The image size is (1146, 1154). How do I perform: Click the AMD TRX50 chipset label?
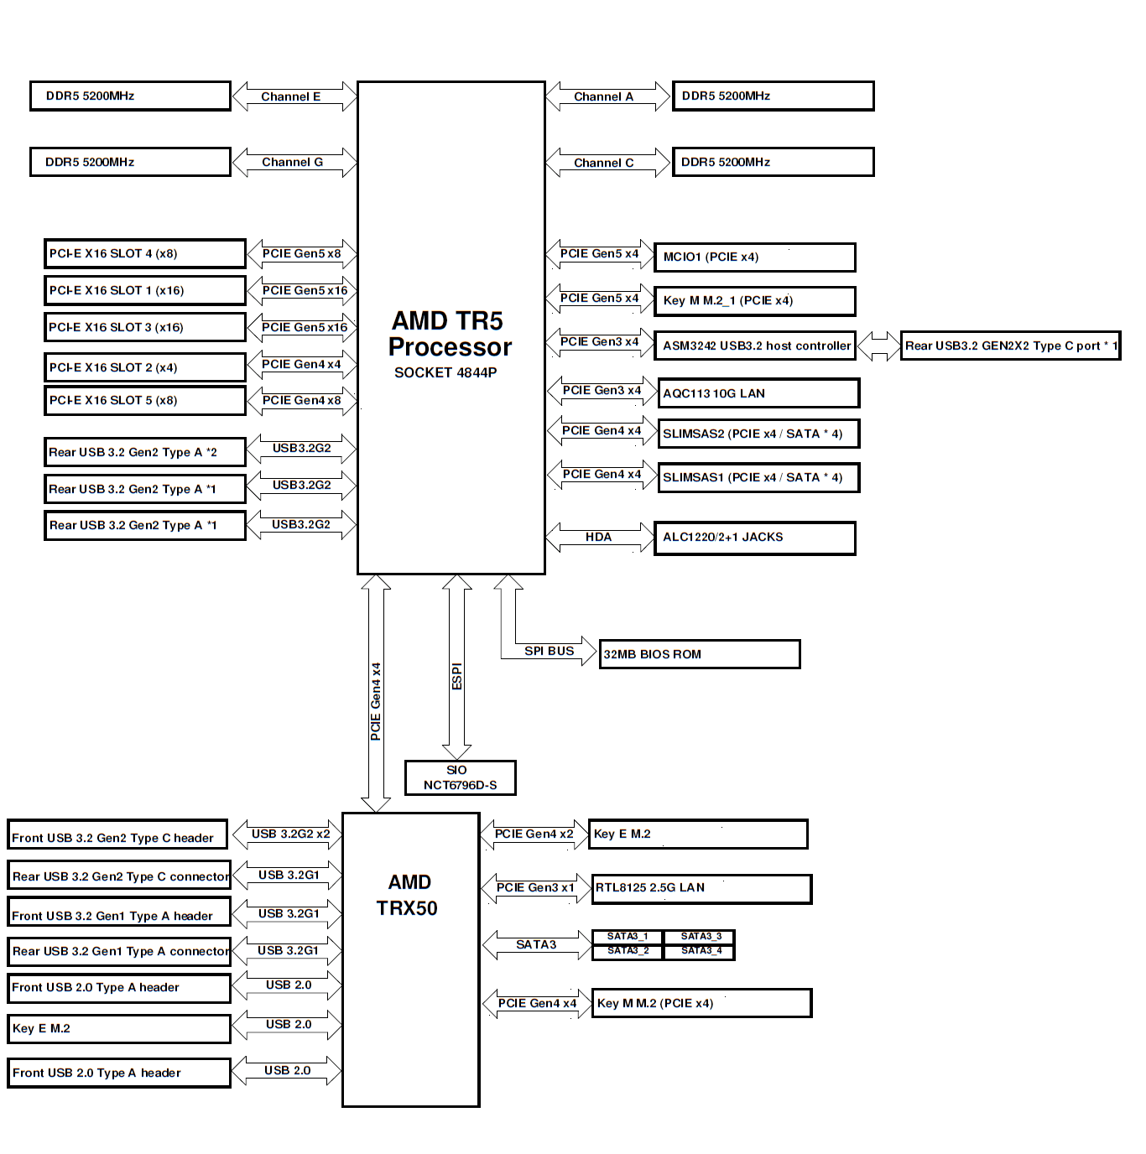click(x=408, y=895)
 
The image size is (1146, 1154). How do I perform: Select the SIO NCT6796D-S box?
click(x=460, y=777)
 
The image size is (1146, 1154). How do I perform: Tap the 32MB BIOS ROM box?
click(x=700, y=654)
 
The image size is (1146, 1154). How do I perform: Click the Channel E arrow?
click(x=291, y=96)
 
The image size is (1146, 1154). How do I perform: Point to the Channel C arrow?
click(x=604, y=163)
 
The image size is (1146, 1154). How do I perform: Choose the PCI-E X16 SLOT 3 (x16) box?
click(x=144, y=327)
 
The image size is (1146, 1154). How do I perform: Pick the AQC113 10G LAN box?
click(x=758, y=393)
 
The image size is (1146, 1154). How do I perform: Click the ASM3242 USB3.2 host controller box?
click(x=755, y=346)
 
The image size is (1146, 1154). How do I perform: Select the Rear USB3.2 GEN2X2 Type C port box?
click(x=1010, y=346)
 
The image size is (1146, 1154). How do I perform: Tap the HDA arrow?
click(x=599, y=537)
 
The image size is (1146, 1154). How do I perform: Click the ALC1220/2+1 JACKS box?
click(x=754, y=538)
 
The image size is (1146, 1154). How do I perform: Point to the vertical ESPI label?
click(x=456, y=676)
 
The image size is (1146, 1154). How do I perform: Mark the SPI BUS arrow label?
click(x=550, y=651)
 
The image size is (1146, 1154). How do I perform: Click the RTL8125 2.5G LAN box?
click(x=701, y=888)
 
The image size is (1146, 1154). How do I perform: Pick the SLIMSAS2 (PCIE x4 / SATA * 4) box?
click(x=758, y=434)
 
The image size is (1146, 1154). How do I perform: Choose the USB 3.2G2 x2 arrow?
click(x=290, y=834)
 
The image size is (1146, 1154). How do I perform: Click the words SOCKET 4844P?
click(x=445, y=372)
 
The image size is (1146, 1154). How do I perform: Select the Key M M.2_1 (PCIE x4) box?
click(x=754, y=300)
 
